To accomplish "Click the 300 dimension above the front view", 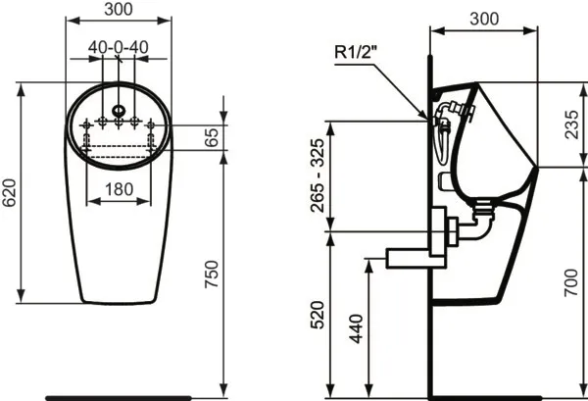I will point(119,11).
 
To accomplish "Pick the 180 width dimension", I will point(119,188).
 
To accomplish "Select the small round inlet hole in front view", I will point(119,109).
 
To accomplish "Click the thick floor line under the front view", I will point(119,396).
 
